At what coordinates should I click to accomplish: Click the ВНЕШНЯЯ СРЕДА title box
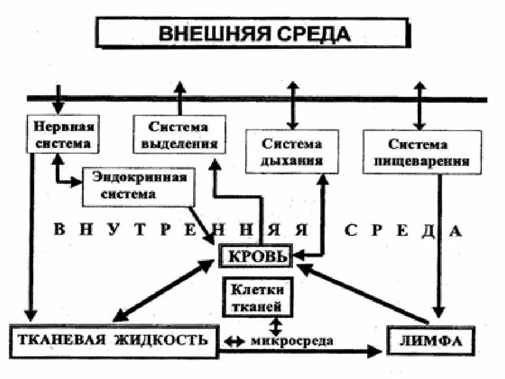pyautogui.click(x=252, y=33)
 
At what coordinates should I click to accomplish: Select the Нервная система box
pyautogui.click(x=63, y=135)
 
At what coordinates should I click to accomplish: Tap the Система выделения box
pyautogui.click(x=179, y=135)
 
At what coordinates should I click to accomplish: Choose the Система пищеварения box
pyautogui.click(x=422, y=152)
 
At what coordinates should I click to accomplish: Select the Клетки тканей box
pyautogui.click(x=256, y=297)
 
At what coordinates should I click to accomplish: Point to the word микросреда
pyautogui.click(x=292, y=341)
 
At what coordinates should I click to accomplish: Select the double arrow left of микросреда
pyautogui.click(x=234, y=341)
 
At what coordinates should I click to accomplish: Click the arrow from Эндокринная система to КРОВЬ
pyautogui.click(x=203, y=224)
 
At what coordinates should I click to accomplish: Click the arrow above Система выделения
pyautogui.click(x=180, y=98)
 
